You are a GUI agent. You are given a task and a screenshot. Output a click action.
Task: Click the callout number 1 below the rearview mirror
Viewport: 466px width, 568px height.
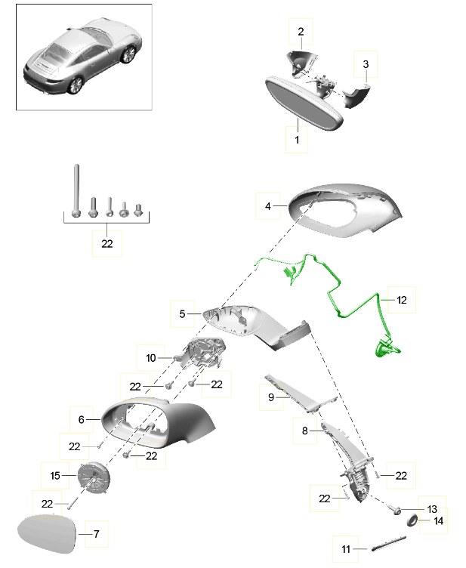297,140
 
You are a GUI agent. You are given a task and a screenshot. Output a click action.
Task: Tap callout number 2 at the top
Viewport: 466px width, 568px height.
301,32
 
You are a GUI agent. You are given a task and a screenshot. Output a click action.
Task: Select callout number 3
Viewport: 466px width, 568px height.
366,64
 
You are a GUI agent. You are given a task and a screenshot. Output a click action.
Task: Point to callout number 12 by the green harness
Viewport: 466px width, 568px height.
402,300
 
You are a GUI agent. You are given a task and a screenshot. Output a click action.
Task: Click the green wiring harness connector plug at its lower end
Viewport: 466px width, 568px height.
386,348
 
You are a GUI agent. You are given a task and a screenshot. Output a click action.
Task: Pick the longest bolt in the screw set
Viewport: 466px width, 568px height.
76,191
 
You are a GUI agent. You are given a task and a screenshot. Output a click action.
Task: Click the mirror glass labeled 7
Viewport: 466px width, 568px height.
47,534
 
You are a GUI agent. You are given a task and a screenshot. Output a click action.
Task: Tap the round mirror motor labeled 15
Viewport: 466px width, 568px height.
94,477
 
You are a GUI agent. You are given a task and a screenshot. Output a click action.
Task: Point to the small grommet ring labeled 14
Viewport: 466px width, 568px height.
412,520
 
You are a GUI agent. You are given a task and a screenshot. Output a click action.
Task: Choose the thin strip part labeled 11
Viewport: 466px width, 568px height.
388,543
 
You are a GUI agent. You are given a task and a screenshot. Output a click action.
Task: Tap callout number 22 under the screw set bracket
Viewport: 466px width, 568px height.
106,244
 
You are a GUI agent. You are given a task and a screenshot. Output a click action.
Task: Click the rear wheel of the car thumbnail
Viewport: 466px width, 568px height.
76,85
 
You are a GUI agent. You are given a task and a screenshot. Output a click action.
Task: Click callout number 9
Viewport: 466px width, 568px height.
271,397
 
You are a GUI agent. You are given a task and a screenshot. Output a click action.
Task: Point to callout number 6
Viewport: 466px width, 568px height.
81,419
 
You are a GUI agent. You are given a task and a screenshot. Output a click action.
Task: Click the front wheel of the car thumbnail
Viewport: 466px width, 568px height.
128,54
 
